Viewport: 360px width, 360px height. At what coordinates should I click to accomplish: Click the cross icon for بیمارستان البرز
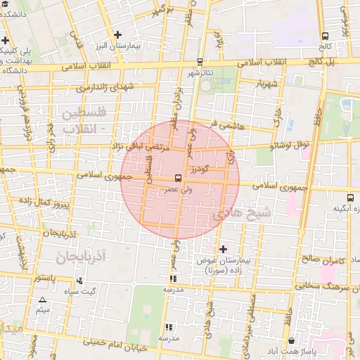point(117,34)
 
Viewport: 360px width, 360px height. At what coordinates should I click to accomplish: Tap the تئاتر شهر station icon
point(200,62)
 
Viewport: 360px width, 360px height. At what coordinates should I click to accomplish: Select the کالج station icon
point(325,36)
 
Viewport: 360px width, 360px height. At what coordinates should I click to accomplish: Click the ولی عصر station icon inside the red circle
point(176,179)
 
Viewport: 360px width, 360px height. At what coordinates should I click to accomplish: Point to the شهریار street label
point(254,84)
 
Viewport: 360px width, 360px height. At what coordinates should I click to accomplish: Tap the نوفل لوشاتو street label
point(291,146)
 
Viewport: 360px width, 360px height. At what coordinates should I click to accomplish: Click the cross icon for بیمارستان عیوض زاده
point(224,249)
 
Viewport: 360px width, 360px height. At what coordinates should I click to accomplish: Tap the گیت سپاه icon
point(79,281)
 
